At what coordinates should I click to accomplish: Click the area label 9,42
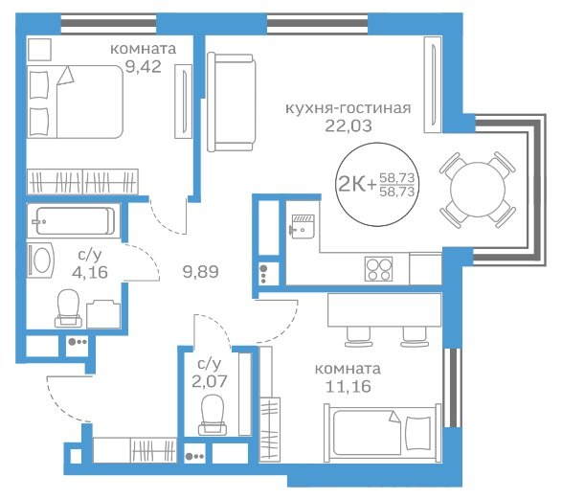point(143,67)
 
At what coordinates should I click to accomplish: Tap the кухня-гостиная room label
point(348,108)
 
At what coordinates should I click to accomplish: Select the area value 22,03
point(348,125)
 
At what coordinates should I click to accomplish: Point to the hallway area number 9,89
point(200,272)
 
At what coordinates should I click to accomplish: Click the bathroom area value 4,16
point(90,272)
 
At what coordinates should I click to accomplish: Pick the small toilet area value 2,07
point(210,381)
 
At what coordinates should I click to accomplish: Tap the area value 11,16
point(348,386)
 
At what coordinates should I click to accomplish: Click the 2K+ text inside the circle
point(357,185)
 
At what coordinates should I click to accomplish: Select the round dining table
point(478,190)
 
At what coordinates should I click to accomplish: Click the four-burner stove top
point(379,269)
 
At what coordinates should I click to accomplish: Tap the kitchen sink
point(303,226)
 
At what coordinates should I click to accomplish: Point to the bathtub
point(74,221)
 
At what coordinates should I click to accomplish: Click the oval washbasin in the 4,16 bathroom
point(41,261)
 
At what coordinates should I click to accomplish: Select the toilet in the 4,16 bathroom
point(68,308)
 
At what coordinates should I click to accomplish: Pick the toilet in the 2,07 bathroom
point(213,415)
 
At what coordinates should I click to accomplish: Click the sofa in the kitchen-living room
point(232,102)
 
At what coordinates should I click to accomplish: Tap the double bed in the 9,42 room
point(76,102)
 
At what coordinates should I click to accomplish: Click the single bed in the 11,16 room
point(382,433)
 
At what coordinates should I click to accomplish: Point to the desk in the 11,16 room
point(385,309)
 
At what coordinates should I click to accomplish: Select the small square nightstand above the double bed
point(39,49)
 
